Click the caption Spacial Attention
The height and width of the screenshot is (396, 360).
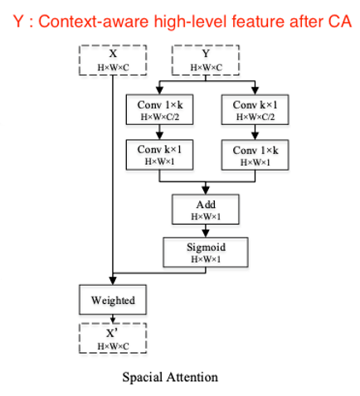point(170,377)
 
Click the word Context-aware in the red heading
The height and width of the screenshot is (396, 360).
point(94,22)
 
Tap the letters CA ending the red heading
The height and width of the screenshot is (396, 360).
point(340,22)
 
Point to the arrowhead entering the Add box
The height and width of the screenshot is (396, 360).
point(206,191)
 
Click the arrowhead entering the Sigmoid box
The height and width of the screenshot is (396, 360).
point(206,234)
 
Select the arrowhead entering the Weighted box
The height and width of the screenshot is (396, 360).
point(113,281)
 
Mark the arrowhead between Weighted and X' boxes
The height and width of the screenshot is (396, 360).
point(113,321)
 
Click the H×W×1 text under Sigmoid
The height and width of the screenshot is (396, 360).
point(206,259)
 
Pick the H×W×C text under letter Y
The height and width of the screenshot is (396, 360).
point(206,67)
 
